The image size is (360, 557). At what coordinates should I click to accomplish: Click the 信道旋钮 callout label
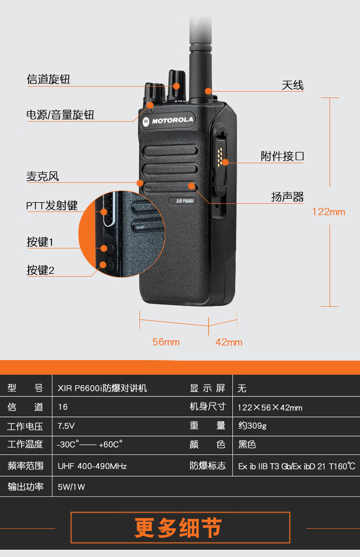click(48, 80)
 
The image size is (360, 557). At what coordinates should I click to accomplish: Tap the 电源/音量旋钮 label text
click(60, 115)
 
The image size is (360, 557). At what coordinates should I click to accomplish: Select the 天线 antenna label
click(293, 85)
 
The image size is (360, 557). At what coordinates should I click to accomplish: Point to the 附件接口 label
click(282, 157)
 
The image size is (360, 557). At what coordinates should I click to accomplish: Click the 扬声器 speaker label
click(287, 197)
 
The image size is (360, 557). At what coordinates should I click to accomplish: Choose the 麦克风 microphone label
click(42, 177)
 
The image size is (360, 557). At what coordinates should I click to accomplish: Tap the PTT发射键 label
click(51, 206)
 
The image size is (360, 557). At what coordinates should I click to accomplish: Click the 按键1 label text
click(40, 242)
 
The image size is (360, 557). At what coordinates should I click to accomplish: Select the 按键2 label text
click(40, 270)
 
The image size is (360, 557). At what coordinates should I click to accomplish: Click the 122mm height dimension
click(329, 212)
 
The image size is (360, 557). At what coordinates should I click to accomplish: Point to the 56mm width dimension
click(166, 342)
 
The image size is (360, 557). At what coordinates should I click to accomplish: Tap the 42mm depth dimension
click(229, 342)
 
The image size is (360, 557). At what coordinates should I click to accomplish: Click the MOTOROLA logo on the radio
click(168, 121)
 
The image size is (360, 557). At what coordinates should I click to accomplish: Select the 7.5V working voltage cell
click(66, 426)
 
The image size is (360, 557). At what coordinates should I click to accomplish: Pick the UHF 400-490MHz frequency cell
click(92, 466)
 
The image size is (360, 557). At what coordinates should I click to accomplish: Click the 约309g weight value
click(252, 426)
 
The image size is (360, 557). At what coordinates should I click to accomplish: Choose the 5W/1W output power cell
click(72, 487)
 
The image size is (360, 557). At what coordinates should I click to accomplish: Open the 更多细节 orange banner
click(180, 528)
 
